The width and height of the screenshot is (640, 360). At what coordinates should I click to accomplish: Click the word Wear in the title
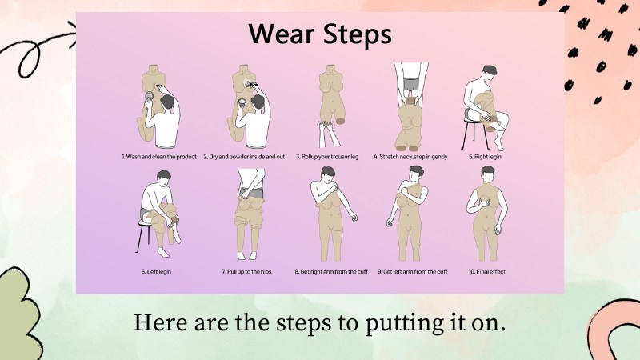[x=282, y=34]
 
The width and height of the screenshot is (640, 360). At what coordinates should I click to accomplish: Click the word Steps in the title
[x=357, y=35]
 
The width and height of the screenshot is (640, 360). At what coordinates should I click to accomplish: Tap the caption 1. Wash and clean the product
[x=159, y=157]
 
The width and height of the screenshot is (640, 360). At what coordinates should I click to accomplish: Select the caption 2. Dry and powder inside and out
[x=244, y=157]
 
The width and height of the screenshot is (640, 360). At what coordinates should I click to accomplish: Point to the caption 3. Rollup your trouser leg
[x=327, y=157]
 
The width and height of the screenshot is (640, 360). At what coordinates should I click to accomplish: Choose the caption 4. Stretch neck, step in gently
[x=410, y=157]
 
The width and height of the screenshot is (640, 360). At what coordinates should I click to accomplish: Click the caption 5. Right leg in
[x=485, y=157]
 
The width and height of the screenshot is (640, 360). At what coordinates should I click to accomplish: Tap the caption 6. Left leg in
[x=156, y=271]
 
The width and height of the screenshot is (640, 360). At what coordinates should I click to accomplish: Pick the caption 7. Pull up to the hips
[x=246, y=271]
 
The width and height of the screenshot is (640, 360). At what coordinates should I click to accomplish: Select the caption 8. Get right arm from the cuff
[x=331, y=271]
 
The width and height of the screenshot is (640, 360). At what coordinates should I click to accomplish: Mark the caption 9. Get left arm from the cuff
[x=412, y=271]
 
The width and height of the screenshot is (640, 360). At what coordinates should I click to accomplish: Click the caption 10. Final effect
[x=487, y=271]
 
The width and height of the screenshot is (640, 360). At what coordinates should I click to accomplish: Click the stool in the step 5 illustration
[x=474, y=134]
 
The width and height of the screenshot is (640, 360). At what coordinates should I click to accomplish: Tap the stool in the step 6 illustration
[x=146, y=236]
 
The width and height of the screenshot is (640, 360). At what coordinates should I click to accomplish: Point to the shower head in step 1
[x=150, y=98]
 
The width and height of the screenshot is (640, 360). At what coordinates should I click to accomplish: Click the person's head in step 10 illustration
[x=488, y=174]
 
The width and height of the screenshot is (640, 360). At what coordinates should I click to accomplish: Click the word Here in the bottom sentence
[x=161, y=322]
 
